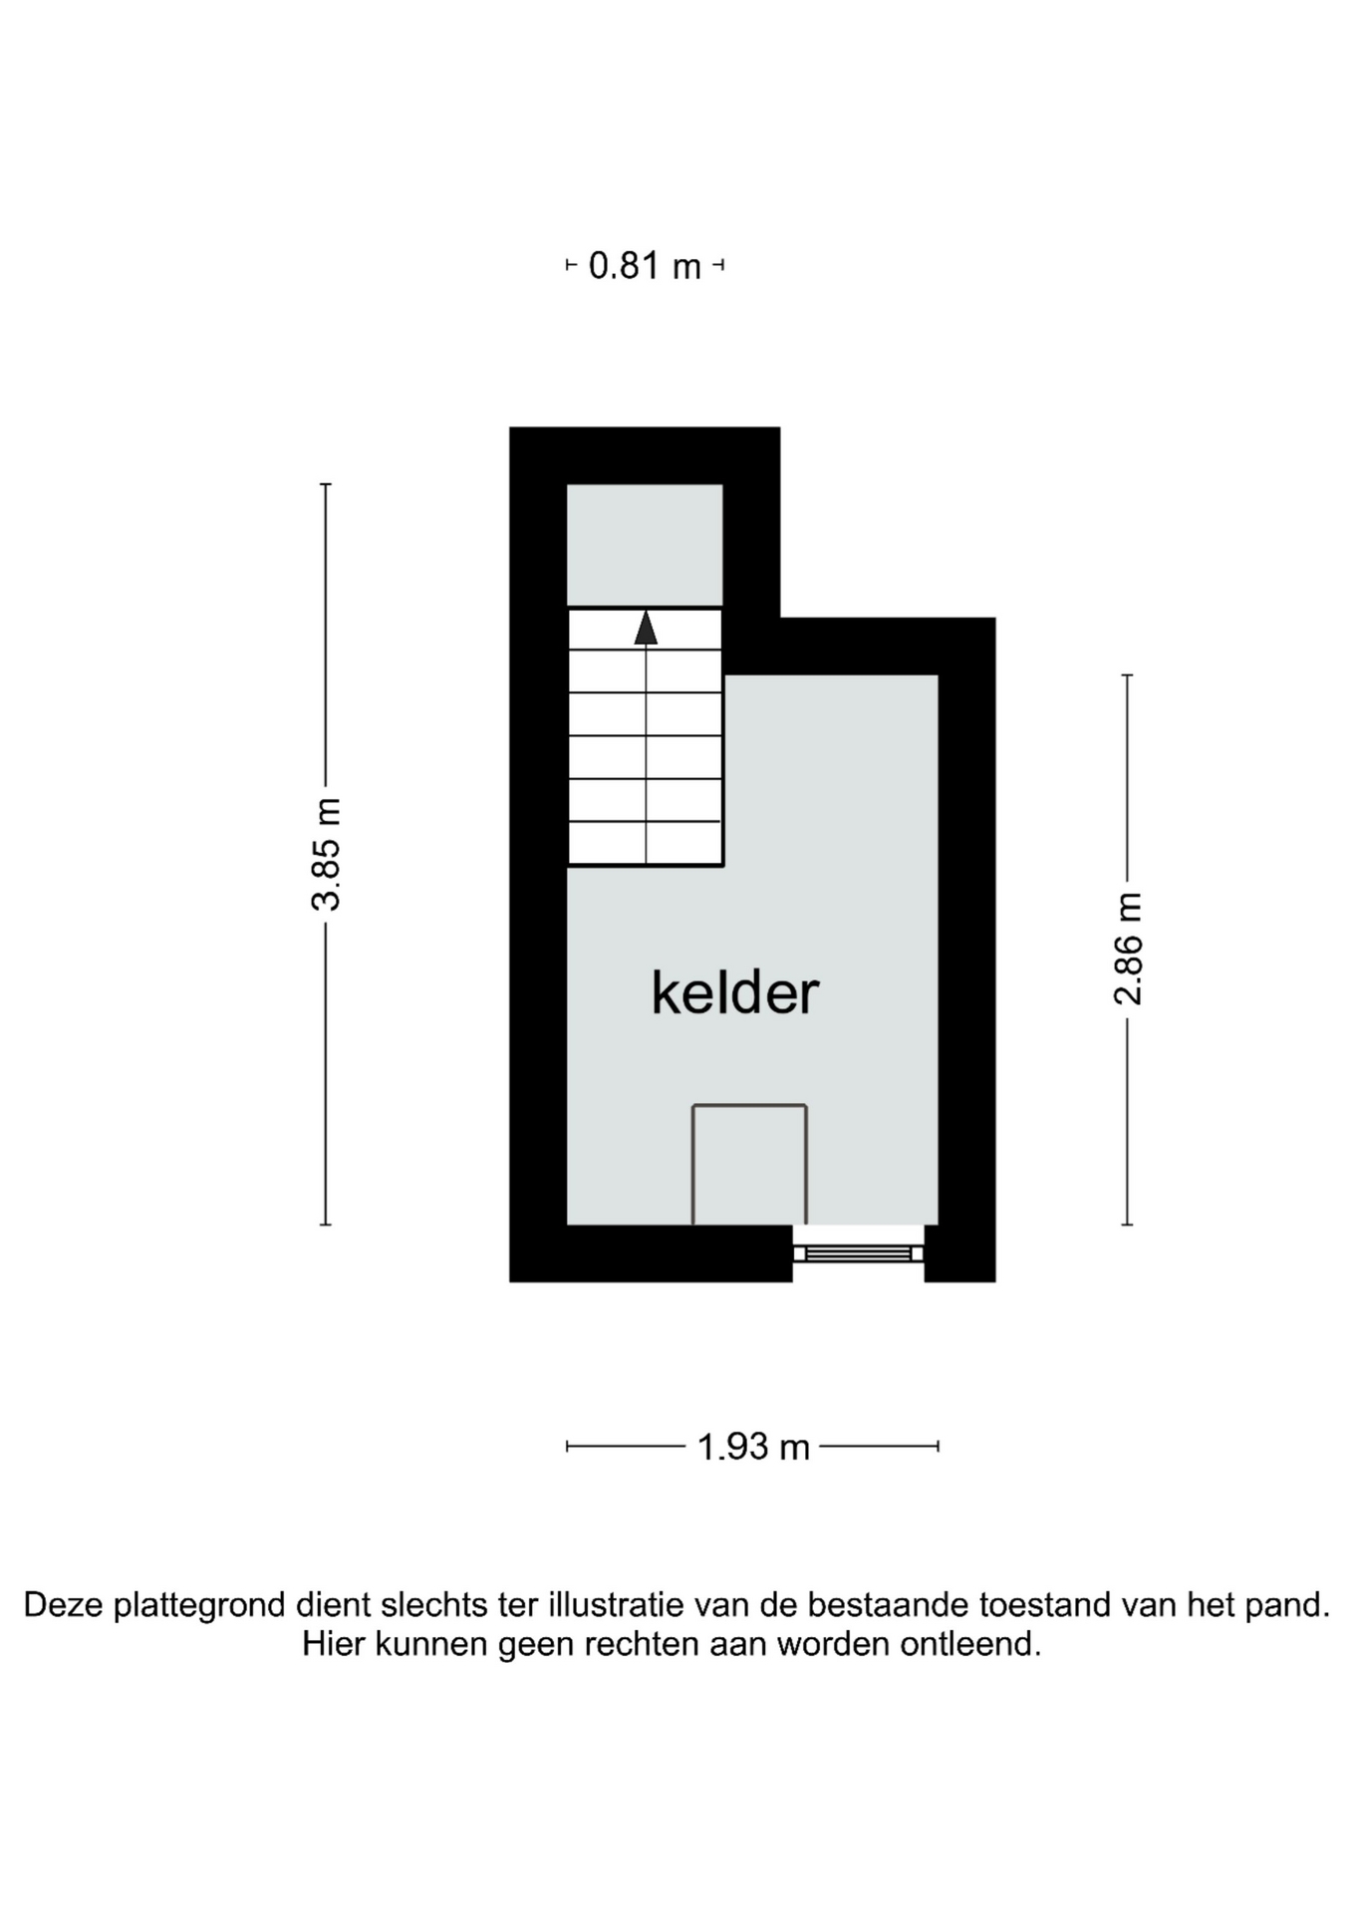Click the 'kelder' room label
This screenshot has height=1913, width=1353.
click(735, 992)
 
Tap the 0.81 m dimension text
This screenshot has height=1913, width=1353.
click(645, 266)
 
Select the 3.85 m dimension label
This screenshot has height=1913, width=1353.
click(326, 854)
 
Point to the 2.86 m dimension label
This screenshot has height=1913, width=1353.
click(1128, 949)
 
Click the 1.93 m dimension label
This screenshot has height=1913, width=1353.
click(753, 1447)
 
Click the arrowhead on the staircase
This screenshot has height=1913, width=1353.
click(646, 627)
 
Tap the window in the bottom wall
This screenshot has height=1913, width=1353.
click(858, 1253)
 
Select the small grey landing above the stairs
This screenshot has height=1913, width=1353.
click(645, 544)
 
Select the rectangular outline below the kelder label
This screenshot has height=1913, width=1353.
click(749, 1105)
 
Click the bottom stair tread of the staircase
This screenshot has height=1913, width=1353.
click(645, 843)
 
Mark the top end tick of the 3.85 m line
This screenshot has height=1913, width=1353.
click(326, 484)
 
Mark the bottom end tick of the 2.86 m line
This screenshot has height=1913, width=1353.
click(1128, 1225)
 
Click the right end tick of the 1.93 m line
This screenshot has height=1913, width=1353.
click(939, 1447)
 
